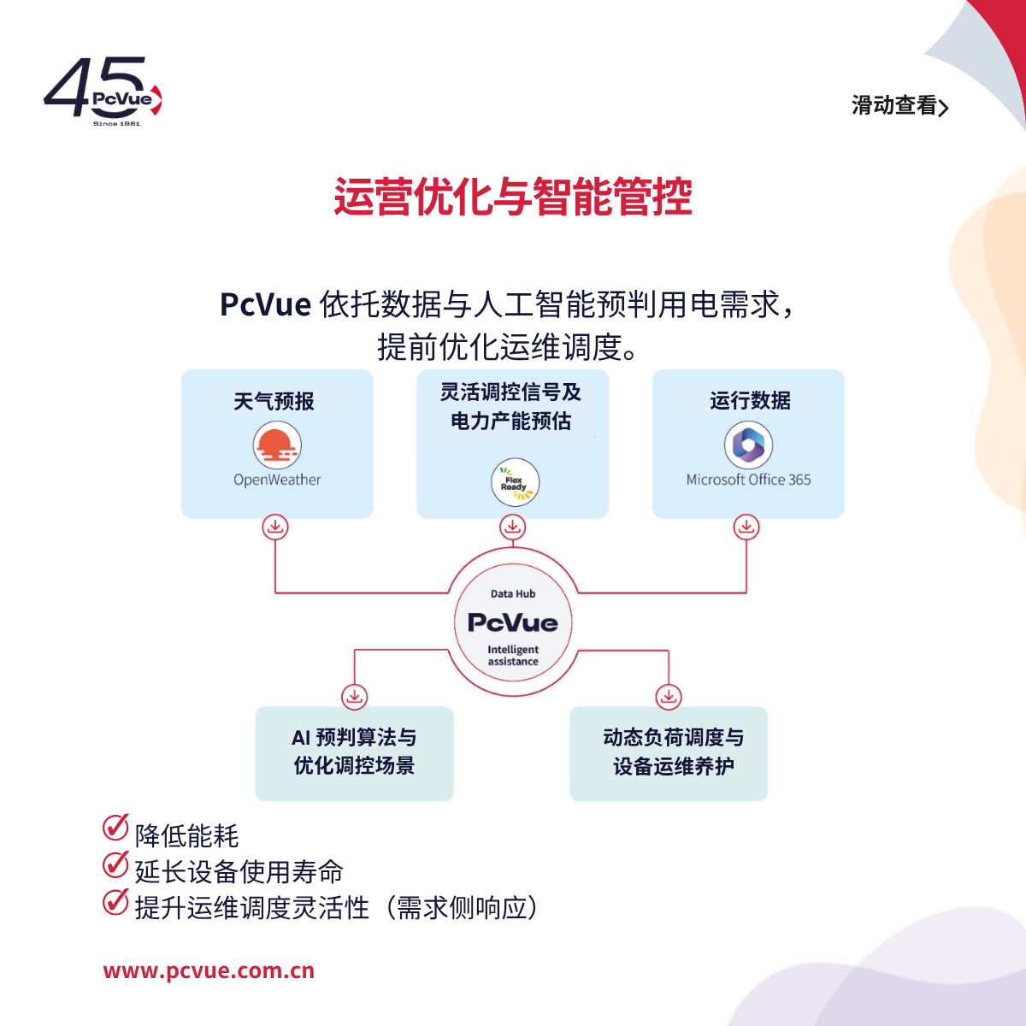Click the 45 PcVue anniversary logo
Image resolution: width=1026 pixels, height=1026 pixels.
(x=103, y=91)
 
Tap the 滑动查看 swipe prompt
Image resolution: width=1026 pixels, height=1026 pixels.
(x=899, y=105)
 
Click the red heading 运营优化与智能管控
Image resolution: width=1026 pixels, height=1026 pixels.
(x=513, y=197)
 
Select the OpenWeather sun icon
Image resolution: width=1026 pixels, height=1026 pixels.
(x=277, y=445)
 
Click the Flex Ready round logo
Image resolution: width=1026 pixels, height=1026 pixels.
(x=515, y=482)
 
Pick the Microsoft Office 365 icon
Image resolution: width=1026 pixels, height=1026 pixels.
(x=748, y=445)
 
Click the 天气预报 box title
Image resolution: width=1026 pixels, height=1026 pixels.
(x=274, y=402)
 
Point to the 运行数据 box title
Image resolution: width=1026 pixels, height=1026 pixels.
(x=750, y=400)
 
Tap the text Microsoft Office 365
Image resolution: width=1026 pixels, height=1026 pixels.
(x=748, y=480)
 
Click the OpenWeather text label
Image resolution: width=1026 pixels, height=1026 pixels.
(x=277, y=480)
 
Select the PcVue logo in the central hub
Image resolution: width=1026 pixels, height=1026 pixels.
(x=513, y=622)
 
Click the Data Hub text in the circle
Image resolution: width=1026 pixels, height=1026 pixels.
(x=513, y=593)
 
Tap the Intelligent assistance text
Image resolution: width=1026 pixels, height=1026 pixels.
(x=513, y=656)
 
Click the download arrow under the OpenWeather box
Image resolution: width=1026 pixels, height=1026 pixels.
(x=275, y=528)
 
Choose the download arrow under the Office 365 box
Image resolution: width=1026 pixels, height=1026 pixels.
(x=746, y=528)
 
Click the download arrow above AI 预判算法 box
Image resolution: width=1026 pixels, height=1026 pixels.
(x=355, y=697)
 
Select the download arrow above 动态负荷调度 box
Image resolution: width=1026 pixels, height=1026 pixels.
(x=669, y=697)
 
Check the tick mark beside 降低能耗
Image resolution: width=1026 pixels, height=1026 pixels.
(x=115, y=827)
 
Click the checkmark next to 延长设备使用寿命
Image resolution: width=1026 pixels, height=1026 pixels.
(x=115, y=864)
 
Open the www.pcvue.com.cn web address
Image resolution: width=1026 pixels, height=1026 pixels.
(x=209, y=970)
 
